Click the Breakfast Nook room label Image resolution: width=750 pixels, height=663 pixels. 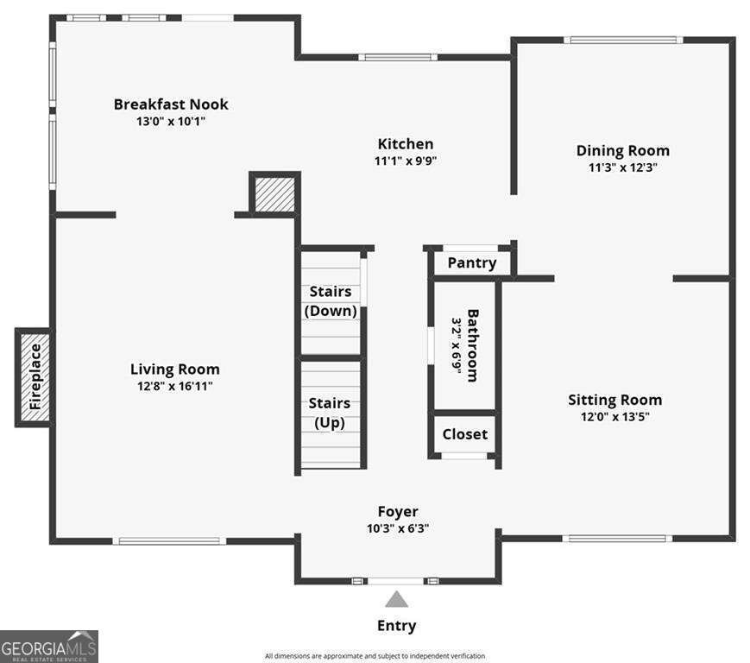[x=171, y=104]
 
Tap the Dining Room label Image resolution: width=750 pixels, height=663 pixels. [x=622, y=150]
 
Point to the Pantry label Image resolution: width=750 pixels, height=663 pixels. [x=471, y=262]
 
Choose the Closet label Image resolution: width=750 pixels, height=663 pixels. [x=464, y=434]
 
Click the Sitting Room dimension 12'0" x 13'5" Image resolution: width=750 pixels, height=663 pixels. [x=614, y=416]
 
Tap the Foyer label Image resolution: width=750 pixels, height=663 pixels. [x=397, y=512]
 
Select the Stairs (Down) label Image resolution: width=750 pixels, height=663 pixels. [x=330, y=301]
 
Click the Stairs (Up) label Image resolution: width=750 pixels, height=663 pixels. [x=330, y=413]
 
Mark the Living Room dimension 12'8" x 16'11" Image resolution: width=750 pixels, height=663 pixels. [x=174, y=386]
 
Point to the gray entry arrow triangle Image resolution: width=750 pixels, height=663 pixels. [x=396, y=599]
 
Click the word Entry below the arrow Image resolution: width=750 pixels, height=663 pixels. [x=396, y=626]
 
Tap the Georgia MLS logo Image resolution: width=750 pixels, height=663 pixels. [x=49, y=646]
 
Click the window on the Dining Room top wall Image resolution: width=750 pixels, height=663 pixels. [x=622, y=40]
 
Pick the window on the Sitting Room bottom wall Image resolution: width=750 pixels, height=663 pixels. [x=615, y=539]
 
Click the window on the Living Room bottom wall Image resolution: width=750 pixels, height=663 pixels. [x=169, y=541]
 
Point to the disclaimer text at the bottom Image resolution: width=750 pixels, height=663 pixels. [x=375, y=656]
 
